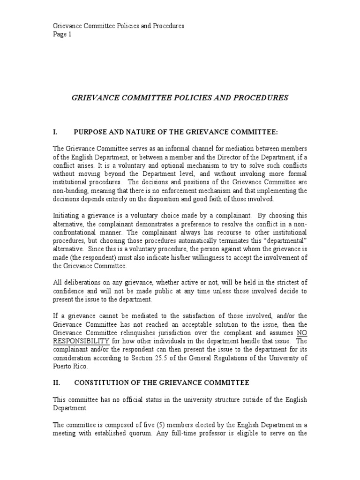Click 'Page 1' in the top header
[62, 34]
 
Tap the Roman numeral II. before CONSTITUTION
[57, 383]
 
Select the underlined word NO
[301, 332]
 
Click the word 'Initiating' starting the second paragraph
[66, 216]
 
